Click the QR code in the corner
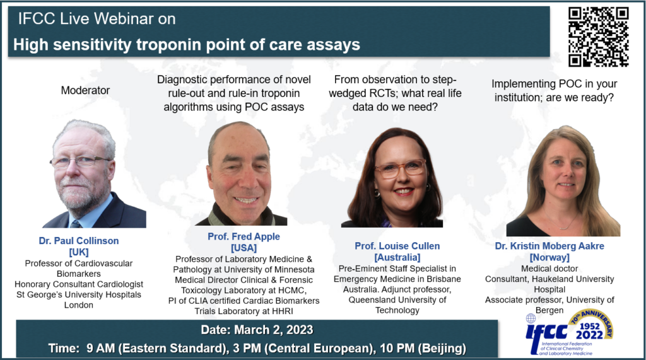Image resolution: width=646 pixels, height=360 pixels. (598, 37)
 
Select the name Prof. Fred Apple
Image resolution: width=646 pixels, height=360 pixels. (244, 236)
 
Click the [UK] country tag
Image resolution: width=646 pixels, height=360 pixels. (80, 252)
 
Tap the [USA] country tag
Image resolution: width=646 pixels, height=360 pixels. (244, 247)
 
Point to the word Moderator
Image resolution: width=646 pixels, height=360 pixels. (85, 90)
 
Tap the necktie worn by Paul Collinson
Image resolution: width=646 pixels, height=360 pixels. (76, 223)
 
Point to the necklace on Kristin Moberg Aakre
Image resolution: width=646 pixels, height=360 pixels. (565, 224)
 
